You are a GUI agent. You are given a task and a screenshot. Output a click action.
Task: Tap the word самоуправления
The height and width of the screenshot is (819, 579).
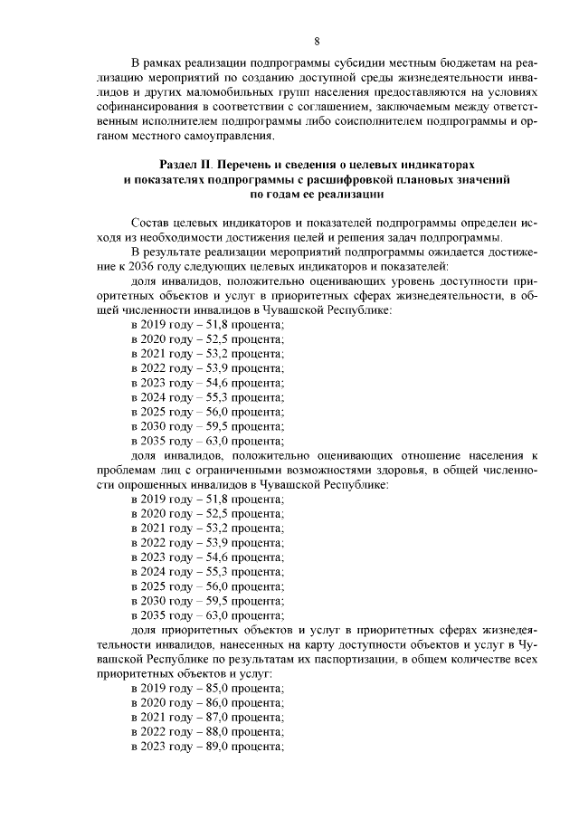click(x=227, y=136)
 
